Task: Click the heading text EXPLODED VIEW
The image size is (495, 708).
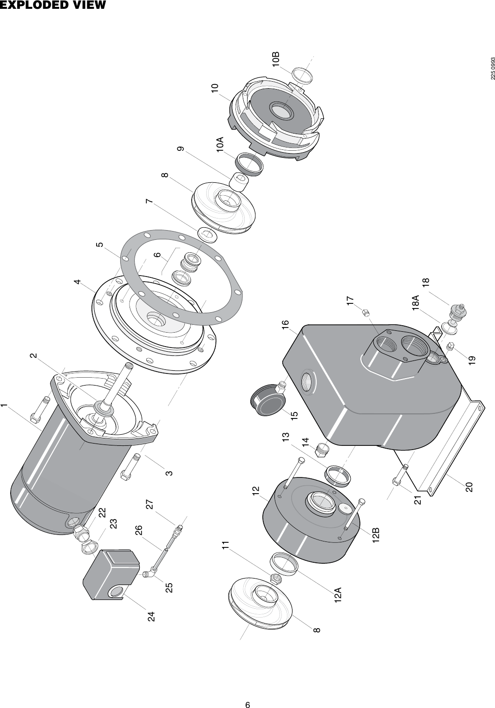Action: pyautogui.click(x=53, y=6)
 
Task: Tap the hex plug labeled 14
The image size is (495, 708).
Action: pyautogui.click(x=321, y=450)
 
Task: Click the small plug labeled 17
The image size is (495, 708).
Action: pyautogui.click(x=366, y=313)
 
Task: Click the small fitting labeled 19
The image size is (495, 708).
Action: pyautogui.click(x=450, y=347)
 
